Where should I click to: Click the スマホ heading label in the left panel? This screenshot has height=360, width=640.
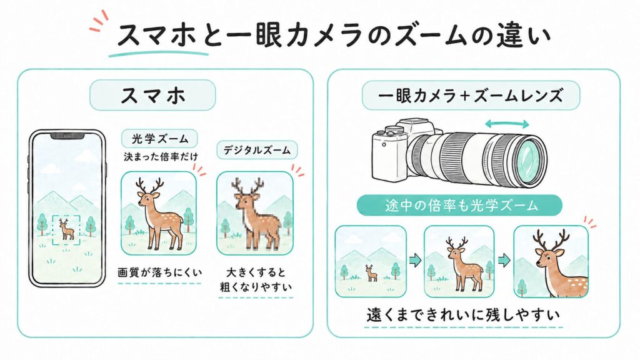pyautogui.click(x=152, y=95)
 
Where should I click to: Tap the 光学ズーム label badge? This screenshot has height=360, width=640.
pyautogui.click(x=159, y=139)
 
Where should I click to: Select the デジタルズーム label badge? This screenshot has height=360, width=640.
pyautogui.click(x=257, y=150)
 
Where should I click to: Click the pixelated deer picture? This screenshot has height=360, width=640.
pyautogui.click(x=255, y=213)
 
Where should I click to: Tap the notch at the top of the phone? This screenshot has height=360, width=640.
pyautogui.click(x=67, y=136)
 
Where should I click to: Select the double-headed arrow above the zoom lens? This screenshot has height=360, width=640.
pyautogui.click(x=506, y=124)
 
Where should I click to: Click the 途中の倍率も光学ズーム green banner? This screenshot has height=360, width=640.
pyautogui.click(x=459, y=205)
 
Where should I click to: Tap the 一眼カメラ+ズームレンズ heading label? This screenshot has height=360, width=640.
pyautogui.click(x=471, y=96)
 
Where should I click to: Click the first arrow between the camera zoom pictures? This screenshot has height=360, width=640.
pyautogui.click(x=415, y=260)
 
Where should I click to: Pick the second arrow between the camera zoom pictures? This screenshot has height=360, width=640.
pyautogui.click(x=504, y=260)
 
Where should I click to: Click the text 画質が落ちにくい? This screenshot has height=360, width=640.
pyautogui.click(x=159, y=272)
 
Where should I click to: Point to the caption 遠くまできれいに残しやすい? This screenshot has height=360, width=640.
pyautogui.click(x=463, y=315)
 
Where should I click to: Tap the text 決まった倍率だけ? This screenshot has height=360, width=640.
pyautogui.click(x=161, y=157)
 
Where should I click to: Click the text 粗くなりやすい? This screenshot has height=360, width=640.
pyautogui.click(x=256, y=286)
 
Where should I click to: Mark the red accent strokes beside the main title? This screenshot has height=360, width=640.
pyautogui.click(x=99, y=22)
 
